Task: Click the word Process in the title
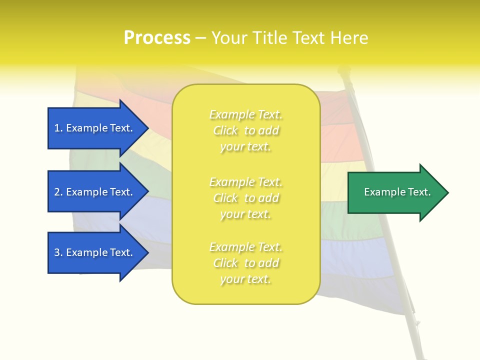pos(157,38)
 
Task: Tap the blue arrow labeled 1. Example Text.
pos(95,128)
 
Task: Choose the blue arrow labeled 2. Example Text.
pos(95,192)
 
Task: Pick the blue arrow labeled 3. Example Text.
pos(95,252)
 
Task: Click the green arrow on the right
pos(395,192)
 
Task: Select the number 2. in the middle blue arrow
pos(58,192)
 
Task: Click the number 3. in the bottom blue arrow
pos(58,252)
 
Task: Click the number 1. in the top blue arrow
pos(58,128)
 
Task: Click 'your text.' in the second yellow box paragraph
pos(245,214)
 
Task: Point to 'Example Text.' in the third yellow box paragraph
pos(245,247)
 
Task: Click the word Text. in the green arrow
pos(418,192)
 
